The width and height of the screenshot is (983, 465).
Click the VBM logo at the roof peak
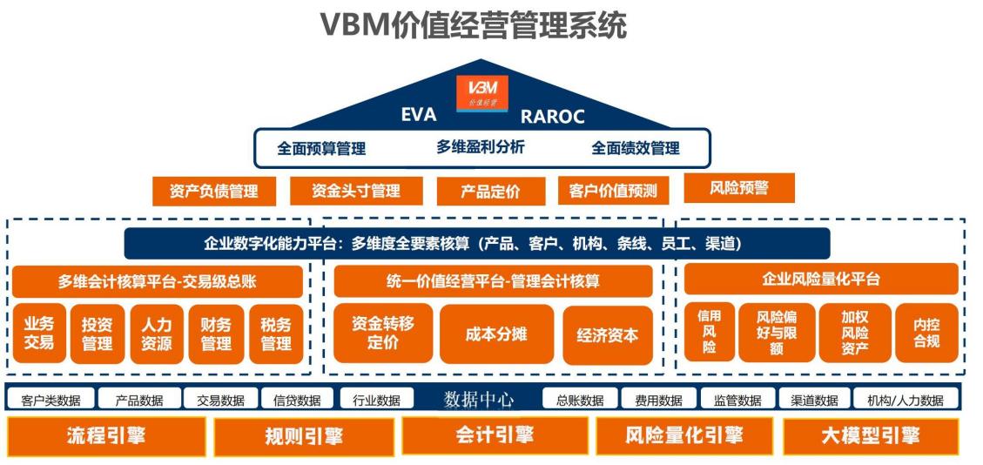[481, 93]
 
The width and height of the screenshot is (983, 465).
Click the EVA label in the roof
[418, 116]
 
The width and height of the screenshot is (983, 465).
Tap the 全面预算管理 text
[321, 148]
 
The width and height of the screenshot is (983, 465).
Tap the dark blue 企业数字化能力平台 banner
[477, 244]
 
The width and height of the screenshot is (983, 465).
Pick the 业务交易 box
[38, 334]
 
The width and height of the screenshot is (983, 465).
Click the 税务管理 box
[276, 334]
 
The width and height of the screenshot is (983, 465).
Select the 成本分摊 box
[495, 334]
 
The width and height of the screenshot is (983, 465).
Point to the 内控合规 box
[926, 334]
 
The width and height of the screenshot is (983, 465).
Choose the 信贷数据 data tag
[296, 401]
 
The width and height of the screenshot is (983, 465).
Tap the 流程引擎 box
[106, 436]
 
